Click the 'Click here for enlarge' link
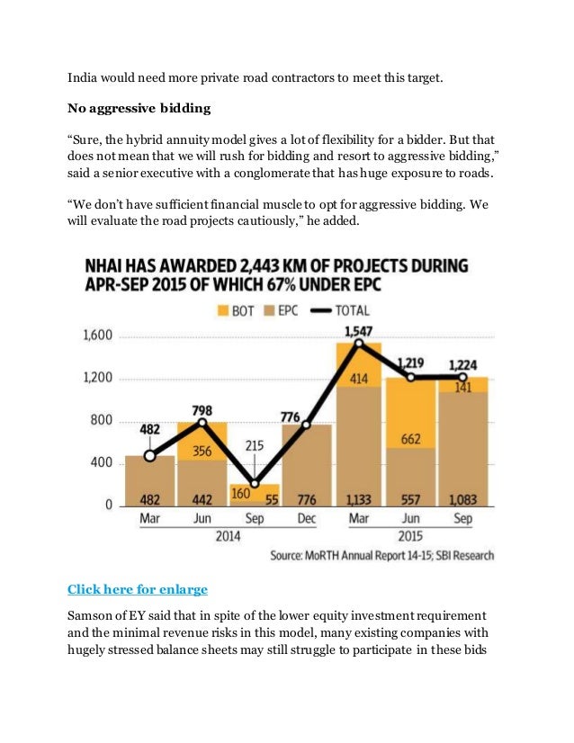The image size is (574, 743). (x=138, y=590)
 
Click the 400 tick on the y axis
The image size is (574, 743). (x=103, y=463)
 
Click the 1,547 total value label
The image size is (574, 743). (x=359, y=333)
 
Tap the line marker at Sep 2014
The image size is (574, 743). (x=255, y=483)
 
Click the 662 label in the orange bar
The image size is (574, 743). (x=411, y=440)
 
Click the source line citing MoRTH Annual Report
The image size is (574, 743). (x=381, y=556)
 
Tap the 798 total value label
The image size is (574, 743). (x=202, y=410)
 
